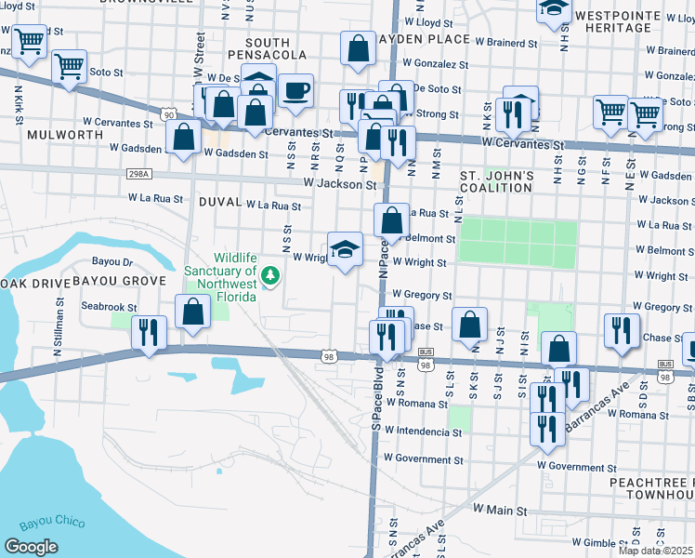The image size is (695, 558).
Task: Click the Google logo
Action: tap(31, 546)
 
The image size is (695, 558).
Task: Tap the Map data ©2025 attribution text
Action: tap(656, 551)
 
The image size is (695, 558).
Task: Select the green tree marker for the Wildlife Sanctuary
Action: tap(270, 275)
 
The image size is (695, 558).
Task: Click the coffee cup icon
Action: tap(296, 91)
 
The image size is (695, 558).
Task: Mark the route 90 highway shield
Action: tap(168, 113)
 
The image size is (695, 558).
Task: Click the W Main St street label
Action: tap(500, 511)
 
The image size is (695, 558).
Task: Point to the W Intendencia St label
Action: tap(424, 432)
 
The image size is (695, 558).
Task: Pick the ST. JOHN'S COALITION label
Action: tap(497, 181)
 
